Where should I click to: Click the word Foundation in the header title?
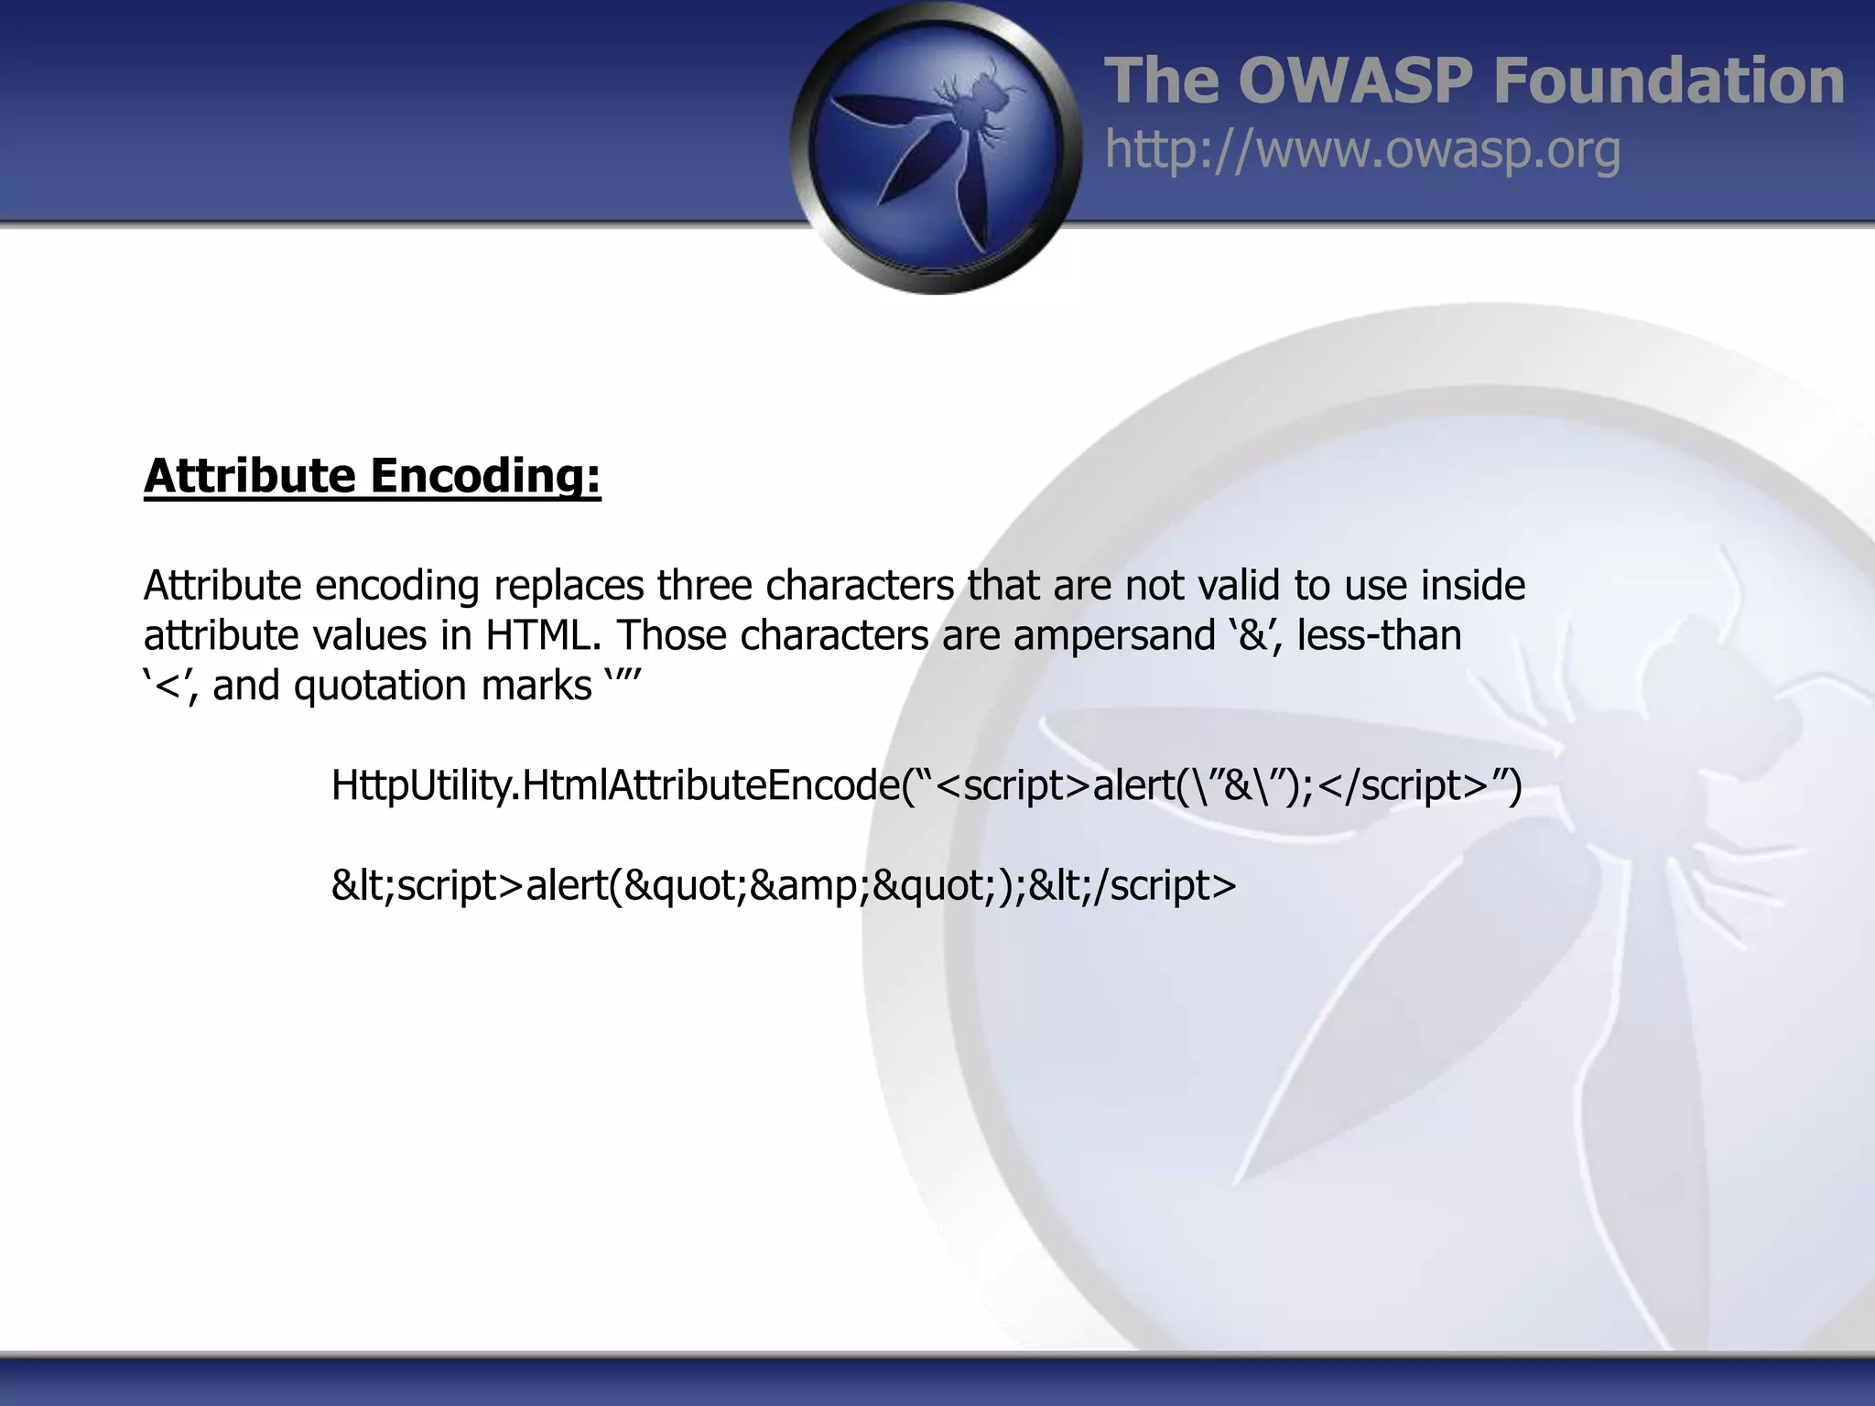point(1668,81)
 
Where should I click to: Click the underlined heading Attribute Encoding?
point(372,476)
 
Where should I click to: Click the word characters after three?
point(860,586)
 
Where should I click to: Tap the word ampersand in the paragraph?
point(1113,635)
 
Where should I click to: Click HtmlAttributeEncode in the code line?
point(711,785)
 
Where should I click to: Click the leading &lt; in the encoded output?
point(363,885)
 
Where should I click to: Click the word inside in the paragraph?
point(1473,586)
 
